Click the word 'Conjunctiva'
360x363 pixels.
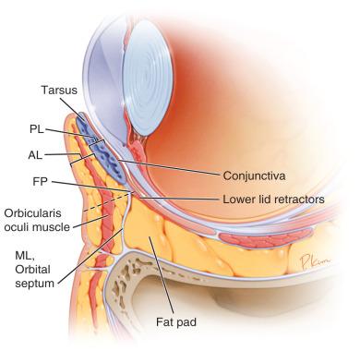pyautogui.click(x=256, y=174)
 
